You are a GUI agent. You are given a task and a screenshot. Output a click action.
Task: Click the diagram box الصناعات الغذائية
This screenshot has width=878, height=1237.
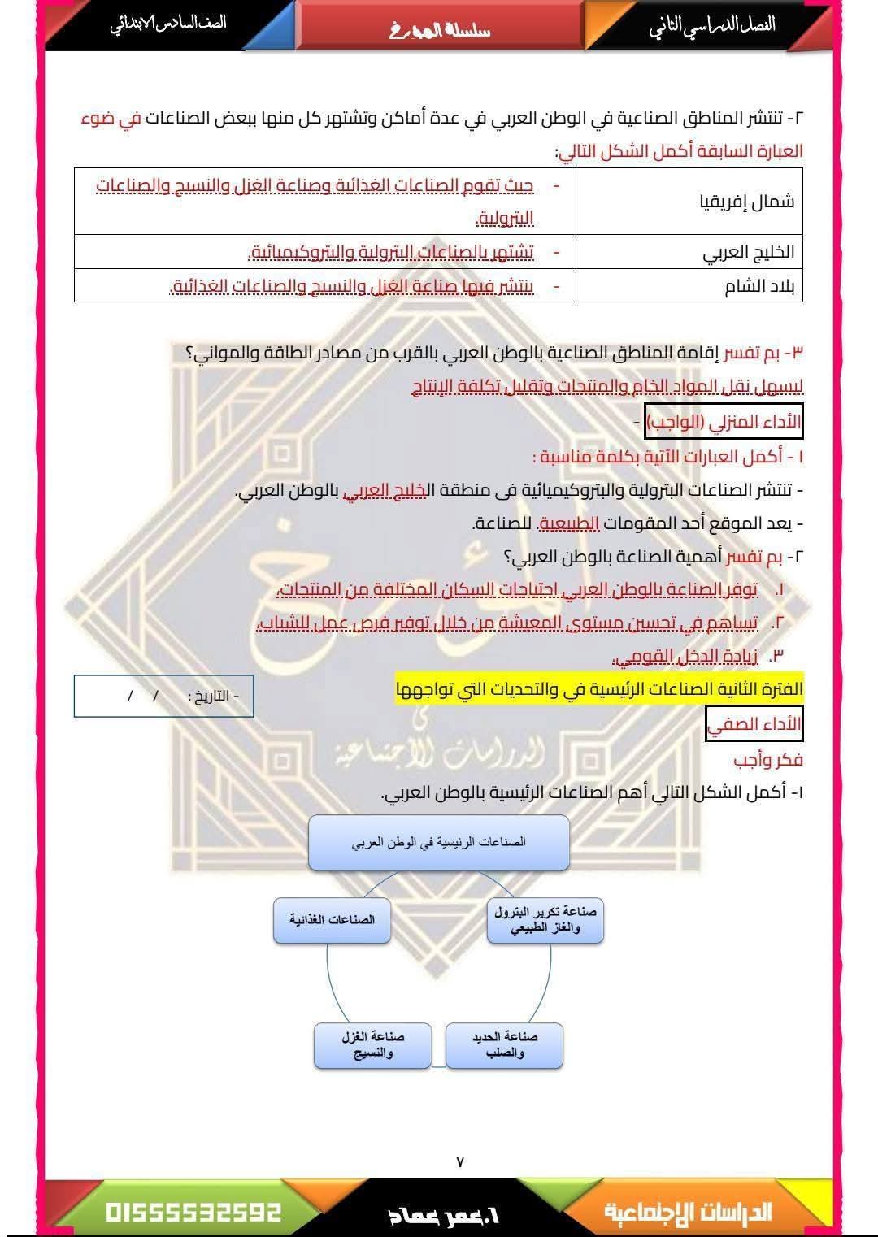(332, 920)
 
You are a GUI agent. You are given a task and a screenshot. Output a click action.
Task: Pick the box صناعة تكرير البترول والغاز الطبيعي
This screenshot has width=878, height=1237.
(545, 920)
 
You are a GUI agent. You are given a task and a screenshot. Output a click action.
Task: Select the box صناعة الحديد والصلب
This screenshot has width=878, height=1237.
(504, 1044)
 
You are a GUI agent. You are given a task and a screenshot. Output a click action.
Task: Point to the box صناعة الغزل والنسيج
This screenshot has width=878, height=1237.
(372, 1044)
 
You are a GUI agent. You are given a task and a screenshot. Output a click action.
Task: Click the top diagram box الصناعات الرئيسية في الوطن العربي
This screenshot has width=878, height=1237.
(438, 842)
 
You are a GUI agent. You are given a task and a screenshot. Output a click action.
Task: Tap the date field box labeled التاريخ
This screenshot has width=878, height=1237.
(163, 697)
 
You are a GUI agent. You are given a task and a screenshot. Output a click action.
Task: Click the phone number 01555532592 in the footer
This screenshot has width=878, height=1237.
(193, 1213)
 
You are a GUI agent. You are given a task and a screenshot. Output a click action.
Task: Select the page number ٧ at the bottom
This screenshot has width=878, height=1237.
(460, 1162)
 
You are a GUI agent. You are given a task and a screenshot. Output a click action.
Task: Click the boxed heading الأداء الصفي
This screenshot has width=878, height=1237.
(754, 723)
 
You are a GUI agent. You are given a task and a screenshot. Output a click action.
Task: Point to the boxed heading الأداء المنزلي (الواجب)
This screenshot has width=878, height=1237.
(724, 422)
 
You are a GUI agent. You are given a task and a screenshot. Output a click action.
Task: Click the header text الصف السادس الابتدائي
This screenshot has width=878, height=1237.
(168, 23)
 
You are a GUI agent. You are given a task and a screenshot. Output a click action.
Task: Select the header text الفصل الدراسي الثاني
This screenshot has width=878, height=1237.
(711, 24)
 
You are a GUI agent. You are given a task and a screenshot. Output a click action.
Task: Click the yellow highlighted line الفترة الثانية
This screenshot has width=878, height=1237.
(599, 689)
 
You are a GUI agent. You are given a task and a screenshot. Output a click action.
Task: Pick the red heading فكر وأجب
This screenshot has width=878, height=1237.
(767, 760)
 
